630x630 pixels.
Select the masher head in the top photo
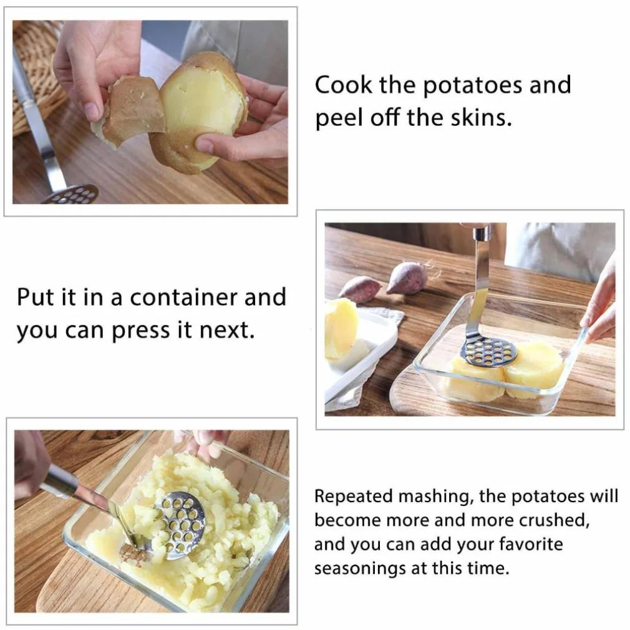coord(71,195)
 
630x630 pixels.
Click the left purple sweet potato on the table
coord(360,289)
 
